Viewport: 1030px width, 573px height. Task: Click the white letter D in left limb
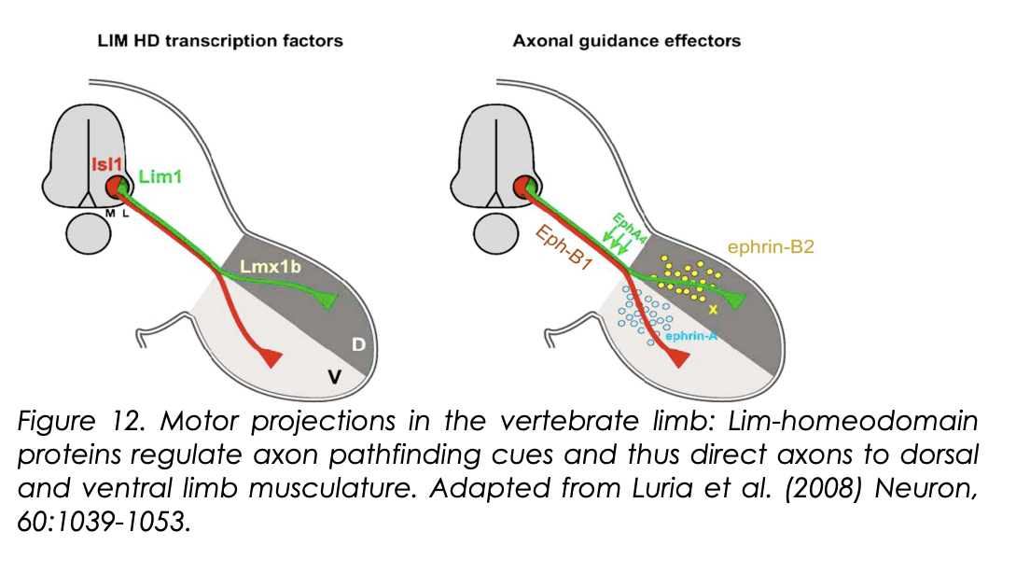point(357,346)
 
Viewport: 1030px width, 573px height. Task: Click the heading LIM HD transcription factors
point(221,41)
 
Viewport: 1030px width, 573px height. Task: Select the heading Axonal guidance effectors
point(626,41)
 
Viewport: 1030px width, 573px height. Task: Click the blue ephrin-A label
point(690,335)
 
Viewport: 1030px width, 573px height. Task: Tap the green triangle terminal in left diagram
point(327,299)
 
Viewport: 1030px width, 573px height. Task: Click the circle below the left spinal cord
point(90,233)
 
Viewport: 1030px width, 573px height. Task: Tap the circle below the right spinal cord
point(498,233)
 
